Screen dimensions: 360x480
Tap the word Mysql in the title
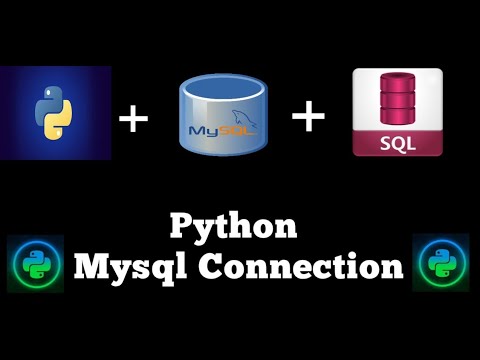[124, 266]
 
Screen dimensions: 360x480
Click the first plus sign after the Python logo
[133, 119]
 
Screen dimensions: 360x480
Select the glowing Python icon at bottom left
[35, 263]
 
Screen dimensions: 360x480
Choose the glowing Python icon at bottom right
[441, 263]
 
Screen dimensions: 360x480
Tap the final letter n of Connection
[392, 268]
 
